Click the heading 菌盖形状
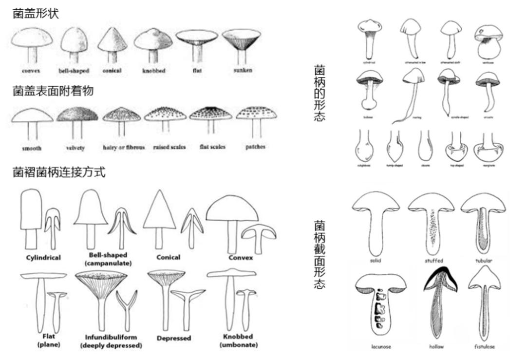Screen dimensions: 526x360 click(36, 14)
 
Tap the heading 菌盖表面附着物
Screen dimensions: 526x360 click(53, 91)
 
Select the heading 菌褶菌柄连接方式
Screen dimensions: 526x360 click(59, 172)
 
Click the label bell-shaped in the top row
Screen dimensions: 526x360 click(74, 71)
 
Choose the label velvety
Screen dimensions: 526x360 click(75, 148)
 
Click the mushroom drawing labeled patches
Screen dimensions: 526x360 click(256, 119)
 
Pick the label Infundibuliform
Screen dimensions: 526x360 click(111, 337)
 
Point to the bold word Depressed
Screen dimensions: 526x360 click(174, 338)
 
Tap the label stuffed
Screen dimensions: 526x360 click(433, 261)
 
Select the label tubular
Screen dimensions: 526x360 click(484, 261)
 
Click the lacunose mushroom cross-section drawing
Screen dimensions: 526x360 click(381, 305)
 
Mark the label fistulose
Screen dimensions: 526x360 click(484, 347)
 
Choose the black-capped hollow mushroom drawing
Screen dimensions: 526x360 click(440, 302)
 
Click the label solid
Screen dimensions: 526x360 click(376, 261)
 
